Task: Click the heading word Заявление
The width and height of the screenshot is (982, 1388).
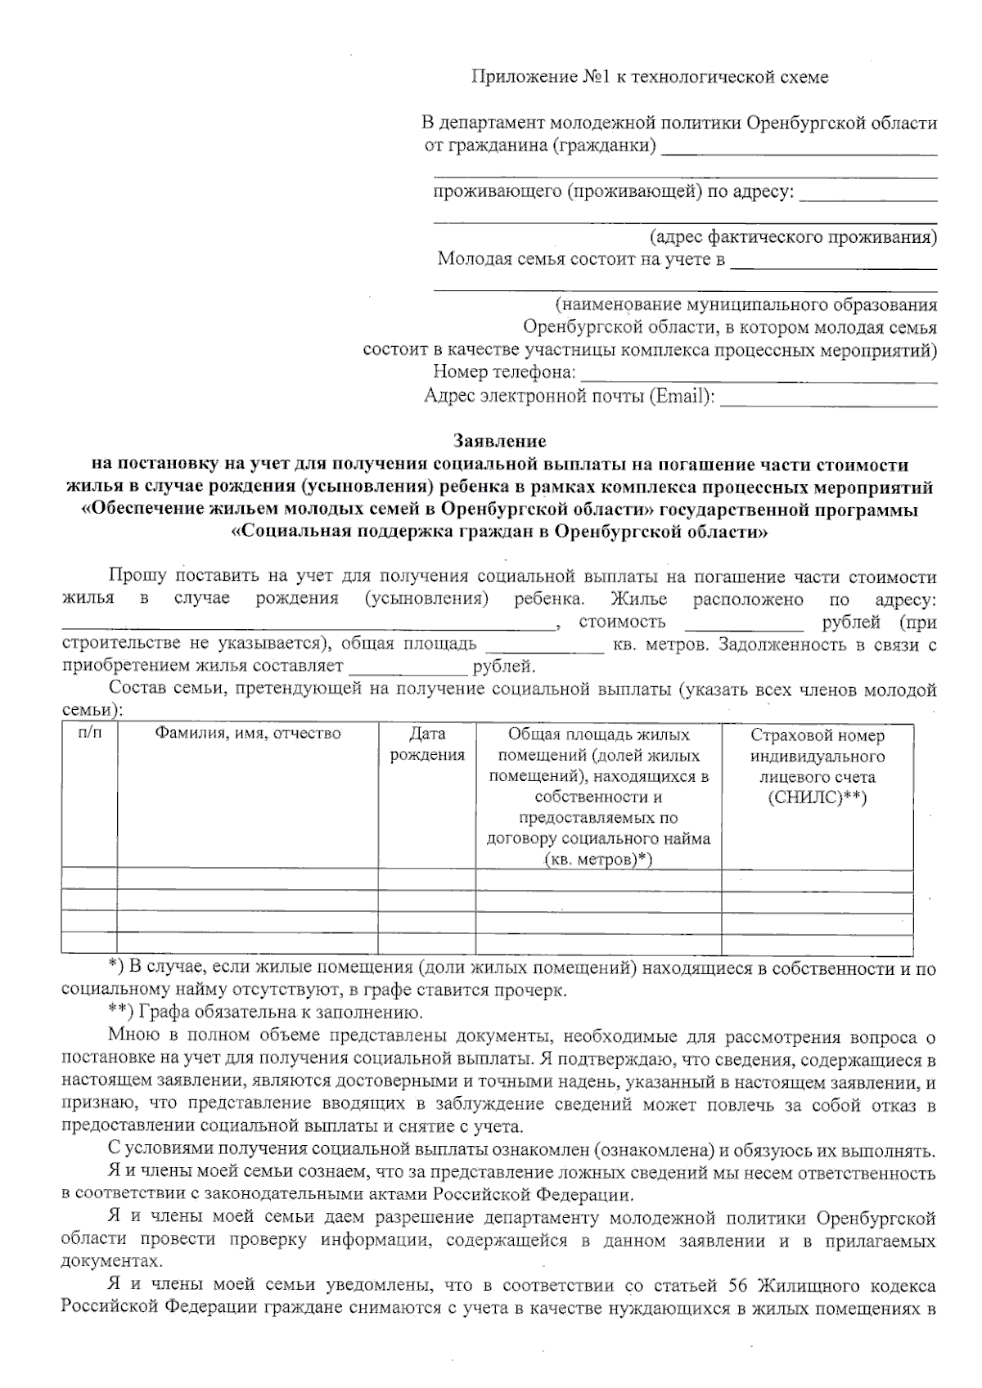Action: click(499, 442)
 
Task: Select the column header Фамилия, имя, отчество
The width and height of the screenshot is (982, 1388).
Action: click(248, 734)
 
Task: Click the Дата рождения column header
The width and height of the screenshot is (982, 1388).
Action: click(427, 744)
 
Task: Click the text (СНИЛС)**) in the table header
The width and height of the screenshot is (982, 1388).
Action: click(817, 798)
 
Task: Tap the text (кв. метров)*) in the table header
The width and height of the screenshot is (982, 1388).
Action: click(598, 860)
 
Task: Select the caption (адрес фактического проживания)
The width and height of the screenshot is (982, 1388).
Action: click(793, 237)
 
